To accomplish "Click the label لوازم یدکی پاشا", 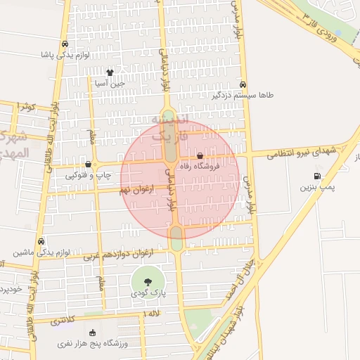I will [x=65, y=54].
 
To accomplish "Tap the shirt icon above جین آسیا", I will [x=110, y=72].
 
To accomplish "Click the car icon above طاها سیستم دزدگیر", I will [x=243, y=82].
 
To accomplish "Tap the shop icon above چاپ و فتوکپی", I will [x=87, y=163].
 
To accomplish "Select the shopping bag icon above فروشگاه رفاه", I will [x=200, y=155].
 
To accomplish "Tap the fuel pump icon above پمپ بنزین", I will [x=316, y=176].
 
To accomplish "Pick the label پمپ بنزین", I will [x=316, y=187].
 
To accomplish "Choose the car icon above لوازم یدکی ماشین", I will [x=41, y=240].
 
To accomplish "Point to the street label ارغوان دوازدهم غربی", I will [x=117, y=253].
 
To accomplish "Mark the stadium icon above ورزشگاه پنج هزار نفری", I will [x=92, y=333].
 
